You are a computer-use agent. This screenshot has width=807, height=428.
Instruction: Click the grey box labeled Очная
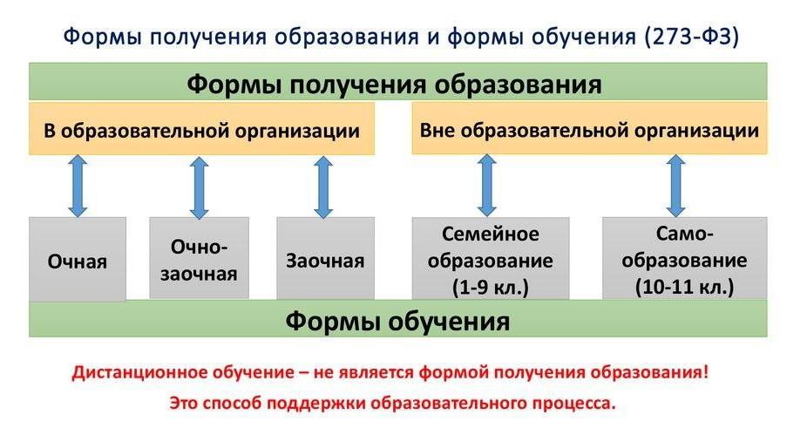(78, 259)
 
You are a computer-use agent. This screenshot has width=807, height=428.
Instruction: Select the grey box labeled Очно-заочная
(200, 257)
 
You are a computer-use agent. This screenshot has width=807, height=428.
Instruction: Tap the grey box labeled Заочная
(325, 257)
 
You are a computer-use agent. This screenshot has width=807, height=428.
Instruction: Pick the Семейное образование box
(491, 258)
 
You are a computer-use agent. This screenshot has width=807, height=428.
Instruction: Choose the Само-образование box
(684, 258)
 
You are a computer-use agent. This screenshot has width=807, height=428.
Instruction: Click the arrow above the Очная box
(78, 186)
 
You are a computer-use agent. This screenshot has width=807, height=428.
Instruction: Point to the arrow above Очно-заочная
(200, 187)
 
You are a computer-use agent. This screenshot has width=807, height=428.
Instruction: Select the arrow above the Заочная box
(323, 187)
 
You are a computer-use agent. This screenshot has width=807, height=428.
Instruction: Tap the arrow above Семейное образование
(487, 186)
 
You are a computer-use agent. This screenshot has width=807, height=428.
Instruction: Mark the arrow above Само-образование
(675, 186)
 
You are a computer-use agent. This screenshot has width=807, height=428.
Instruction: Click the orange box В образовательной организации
(202, 129)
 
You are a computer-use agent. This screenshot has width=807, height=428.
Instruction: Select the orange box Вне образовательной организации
(589, 128)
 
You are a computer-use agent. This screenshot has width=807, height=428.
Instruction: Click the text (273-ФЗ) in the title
(691, 37)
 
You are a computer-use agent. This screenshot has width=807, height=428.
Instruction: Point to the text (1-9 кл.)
(491, 287)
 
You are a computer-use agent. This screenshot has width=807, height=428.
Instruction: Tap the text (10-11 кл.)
(684, 287)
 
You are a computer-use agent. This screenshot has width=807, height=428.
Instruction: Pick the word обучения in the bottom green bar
(448, 321)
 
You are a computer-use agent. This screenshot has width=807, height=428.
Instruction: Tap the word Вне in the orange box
(437, 129)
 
